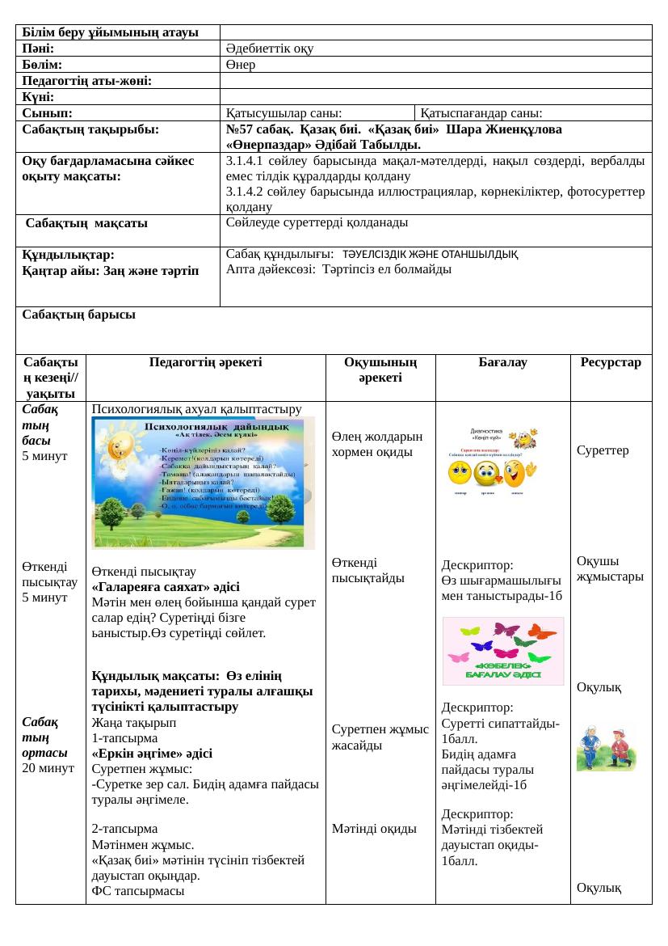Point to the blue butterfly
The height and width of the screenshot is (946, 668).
481,646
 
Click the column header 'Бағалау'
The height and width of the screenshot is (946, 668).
502,363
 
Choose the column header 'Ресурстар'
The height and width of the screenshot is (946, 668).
611,363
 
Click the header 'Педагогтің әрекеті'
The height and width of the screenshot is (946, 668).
205,363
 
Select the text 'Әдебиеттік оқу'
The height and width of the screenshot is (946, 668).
270,49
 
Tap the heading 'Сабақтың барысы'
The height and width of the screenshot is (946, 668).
78,314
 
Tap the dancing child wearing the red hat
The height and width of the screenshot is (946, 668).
621,746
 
